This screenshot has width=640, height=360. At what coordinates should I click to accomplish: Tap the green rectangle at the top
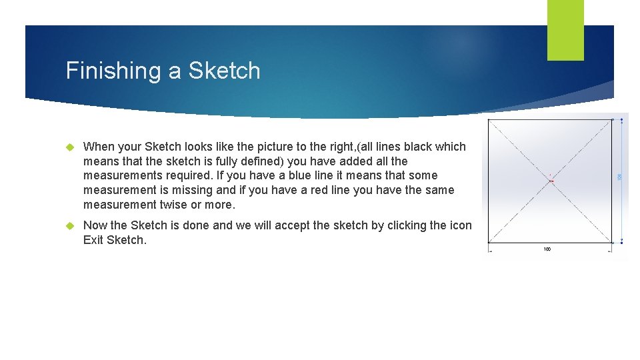click(565, 29)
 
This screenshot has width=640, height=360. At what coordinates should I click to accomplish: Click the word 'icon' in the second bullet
click(461, 225)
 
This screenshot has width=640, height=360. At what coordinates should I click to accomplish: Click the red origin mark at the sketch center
click(551, 181)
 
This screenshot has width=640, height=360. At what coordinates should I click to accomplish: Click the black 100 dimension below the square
click(547, 249)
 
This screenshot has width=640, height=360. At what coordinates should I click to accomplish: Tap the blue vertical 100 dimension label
click(619, 177)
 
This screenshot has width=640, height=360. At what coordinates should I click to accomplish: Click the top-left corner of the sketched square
click(489, 121)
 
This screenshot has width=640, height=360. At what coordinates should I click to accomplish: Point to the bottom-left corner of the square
click(489, 243)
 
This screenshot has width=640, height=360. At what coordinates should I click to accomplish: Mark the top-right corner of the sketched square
click(612, 121)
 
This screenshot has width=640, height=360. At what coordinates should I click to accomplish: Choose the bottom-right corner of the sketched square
click(612, 243)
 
